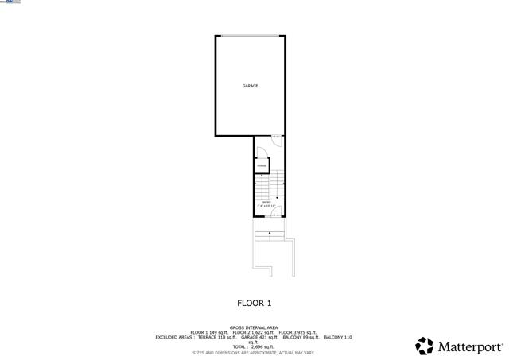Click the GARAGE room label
click(x=250, y=86)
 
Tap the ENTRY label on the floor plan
click(x=267, y=203)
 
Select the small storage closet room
click(x=262, y=165)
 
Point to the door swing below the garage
click(x=276, y=141)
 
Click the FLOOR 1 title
click(x=254, y=303)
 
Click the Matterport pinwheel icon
click(x=425, y=346)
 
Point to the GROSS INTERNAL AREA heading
click(x=254, y=327)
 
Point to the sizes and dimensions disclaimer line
click(x=254, y=352)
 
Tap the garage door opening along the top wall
click(x=250, y=36)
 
